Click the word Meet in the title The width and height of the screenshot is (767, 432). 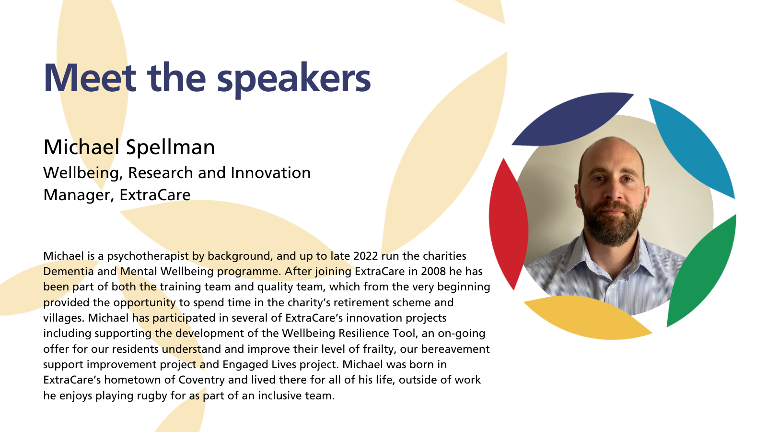(90, 78)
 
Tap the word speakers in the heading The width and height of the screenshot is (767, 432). (294, 80)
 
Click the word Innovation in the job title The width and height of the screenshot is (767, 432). (270, 172)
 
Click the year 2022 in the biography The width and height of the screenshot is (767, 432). (365, 256)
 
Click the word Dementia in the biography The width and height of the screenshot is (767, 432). (68, 271)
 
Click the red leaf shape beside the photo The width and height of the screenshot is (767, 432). (508, 223)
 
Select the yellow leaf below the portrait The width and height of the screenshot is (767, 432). (587, 317)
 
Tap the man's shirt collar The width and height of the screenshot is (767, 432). (613, 257)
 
